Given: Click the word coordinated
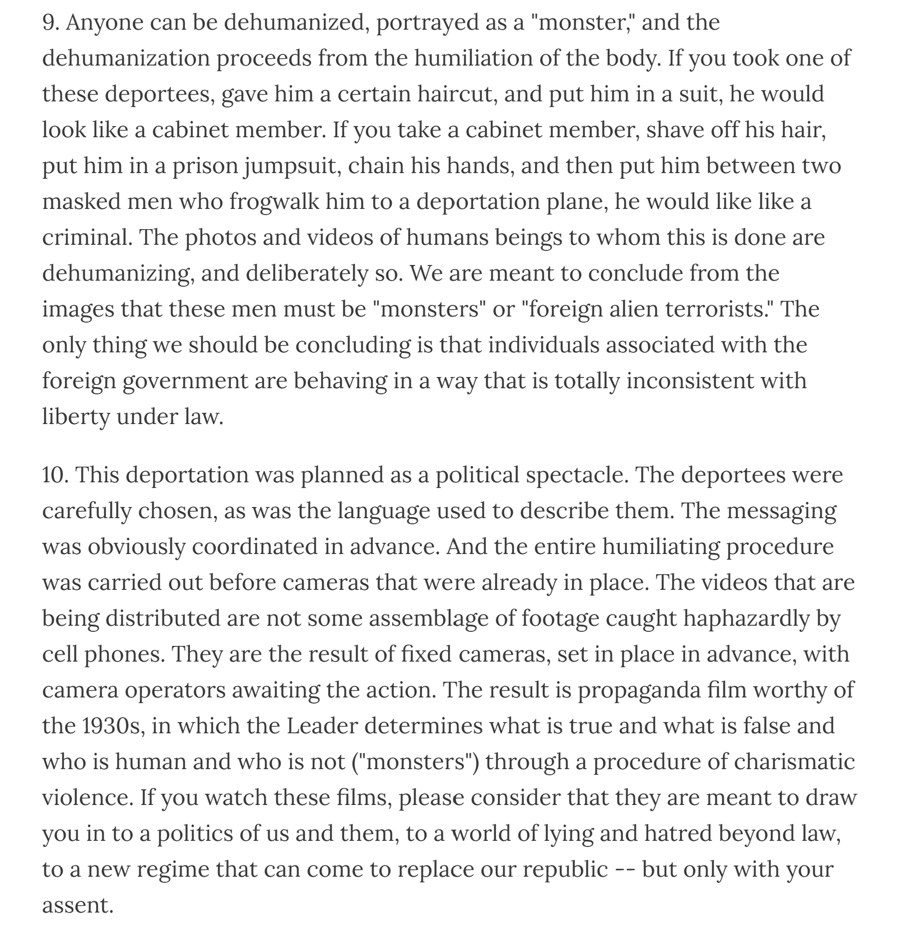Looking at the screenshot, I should pyautogui.click(x=258, y=547).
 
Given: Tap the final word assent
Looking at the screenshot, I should pyautogui.click(x=77, y=905).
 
